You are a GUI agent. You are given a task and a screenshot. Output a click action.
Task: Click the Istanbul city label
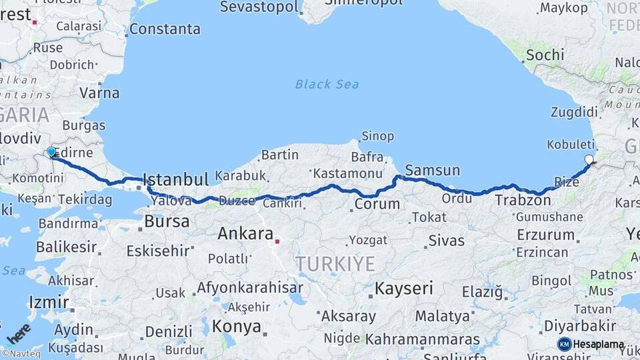click(176, 179)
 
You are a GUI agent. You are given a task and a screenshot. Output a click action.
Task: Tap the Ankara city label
click(245, 234)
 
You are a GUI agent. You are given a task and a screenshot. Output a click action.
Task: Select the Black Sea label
click(327, 84)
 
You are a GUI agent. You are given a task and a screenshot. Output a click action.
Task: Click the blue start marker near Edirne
click(51, 152)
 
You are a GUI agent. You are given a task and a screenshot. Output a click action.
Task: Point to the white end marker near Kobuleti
click(589, 159)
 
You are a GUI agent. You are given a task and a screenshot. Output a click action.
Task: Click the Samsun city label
click(432, 170)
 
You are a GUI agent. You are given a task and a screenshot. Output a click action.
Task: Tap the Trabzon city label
click(523, 199)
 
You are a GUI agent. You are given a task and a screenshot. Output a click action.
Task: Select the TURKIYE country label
click(336, 263)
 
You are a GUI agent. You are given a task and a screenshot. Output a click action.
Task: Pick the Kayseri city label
click(403, 289)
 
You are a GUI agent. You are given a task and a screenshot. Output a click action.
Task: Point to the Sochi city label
click(545, 55)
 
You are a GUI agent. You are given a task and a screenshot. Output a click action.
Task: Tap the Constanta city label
click(165, 29)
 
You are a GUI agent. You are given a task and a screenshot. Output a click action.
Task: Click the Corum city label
click(377, 205)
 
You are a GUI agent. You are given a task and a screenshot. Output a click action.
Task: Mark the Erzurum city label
click(545, 235)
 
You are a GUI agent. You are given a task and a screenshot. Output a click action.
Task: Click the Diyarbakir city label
click(579, 325)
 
